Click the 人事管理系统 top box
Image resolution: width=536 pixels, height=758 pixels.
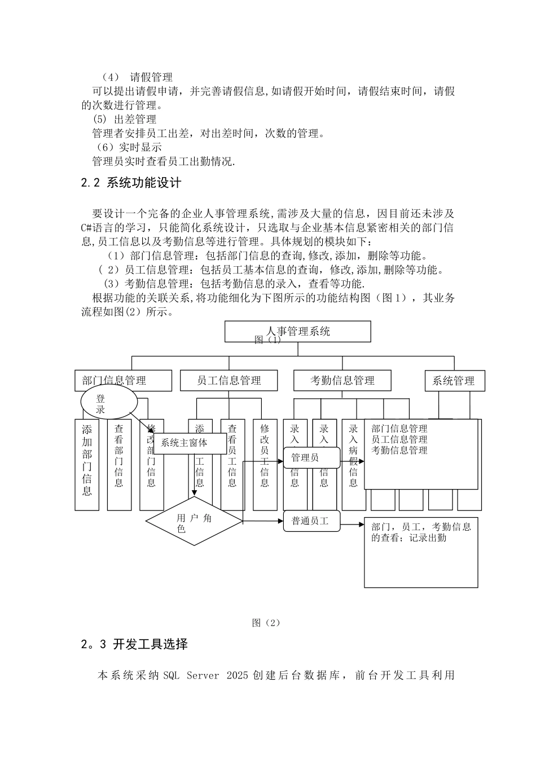298,332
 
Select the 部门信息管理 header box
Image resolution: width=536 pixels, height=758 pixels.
123,381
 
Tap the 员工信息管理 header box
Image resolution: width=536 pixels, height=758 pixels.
229,381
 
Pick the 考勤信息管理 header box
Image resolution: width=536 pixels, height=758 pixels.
342,381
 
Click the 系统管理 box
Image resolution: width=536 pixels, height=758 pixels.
454,381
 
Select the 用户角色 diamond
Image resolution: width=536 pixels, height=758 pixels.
195,522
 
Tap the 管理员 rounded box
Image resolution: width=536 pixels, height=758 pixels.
311,457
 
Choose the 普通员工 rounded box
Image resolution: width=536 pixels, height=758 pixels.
311,521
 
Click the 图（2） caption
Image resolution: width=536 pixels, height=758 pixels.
266,623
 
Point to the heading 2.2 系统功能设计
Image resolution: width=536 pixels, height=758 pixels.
131,183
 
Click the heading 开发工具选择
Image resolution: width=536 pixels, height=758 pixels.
150,644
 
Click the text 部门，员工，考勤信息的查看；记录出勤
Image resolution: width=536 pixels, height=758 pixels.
421,532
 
